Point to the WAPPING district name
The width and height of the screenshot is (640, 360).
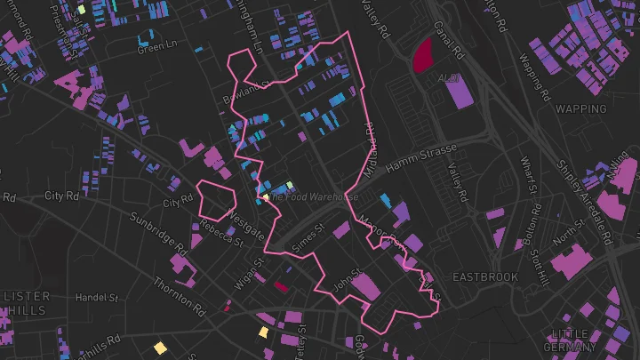tap(580, 108)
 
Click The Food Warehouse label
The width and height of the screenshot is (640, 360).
tap(313, 196)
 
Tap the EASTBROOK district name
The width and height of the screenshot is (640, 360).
tap(484, 277)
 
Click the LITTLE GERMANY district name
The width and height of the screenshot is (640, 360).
tap(569, 340)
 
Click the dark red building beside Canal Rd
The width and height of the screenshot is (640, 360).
tap(420, 54)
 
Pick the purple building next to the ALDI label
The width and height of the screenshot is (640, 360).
tap(459, 92)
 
